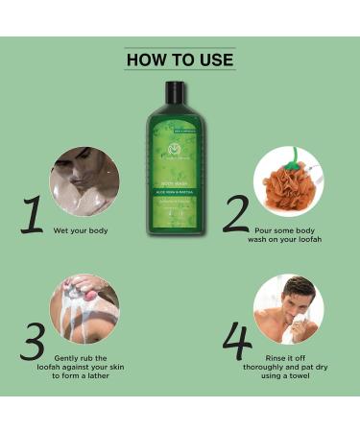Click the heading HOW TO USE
click(x=180, y=60)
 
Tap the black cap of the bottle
click(x=174, y=92)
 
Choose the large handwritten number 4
click(x=236, y=340)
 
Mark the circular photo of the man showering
click(x=84, y=180)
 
